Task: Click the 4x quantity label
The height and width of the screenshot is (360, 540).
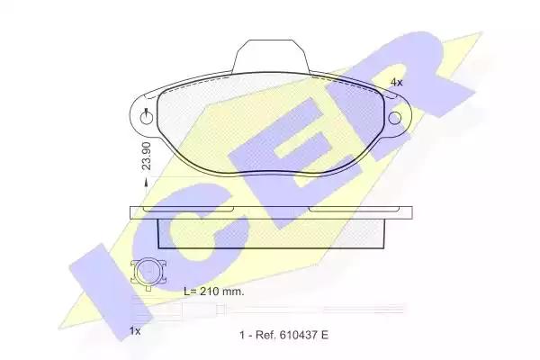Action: [x=396, y=82]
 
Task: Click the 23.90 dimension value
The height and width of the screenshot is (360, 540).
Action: [x=147, y=156]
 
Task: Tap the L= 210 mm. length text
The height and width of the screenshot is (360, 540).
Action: [x=214, y=292]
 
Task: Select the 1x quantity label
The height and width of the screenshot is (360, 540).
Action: [x=135, y=331]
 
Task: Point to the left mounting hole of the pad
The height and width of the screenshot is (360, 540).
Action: [x=147, y=119]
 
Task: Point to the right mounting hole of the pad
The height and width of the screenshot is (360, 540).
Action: [x=395, y=118]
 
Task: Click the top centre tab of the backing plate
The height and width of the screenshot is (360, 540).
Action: [x=271, y=56]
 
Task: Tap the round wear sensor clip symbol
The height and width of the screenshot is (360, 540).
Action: [x=148, y=271]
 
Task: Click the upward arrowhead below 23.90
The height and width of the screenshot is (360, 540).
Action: [x=146, y=183]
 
